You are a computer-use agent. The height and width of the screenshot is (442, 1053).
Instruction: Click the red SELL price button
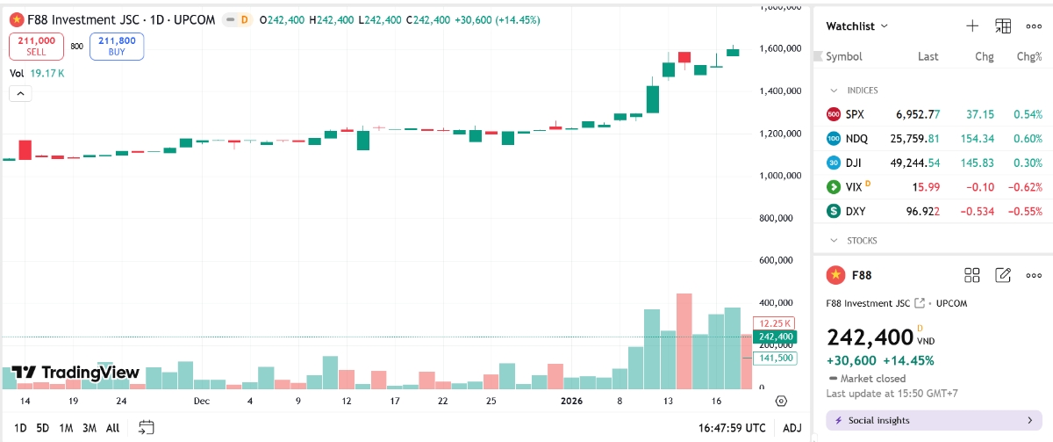tap(35, 46)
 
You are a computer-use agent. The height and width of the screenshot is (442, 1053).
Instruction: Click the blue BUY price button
tap(117, 46)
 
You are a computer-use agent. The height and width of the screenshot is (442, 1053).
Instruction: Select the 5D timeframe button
tap(43, 428)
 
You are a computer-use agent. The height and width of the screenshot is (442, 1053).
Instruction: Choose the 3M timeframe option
tap(90, 428)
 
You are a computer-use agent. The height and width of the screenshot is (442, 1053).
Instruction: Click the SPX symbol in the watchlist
tap(855, 114)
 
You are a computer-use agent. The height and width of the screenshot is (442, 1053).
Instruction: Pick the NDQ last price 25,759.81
tap(915, 138)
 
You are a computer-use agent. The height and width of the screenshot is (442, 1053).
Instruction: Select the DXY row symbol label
tap(855, 211)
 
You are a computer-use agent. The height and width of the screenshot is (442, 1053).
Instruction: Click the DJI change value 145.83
tap(977, 163)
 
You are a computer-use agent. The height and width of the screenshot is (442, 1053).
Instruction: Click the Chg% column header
tap(1028, 56)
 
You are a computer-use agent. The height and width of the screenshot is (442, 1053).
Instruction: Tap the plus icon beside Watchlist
tap(972, 26)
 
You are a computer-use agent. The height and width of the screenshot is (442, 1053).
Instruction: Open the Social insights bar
tap(935, 420)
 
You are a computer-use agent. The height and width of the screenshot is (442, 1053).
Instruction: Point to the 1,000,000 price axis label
tap(780, 176)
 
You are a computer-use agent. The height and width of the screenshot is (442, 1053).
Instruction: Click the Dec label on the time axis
tap(202, 401)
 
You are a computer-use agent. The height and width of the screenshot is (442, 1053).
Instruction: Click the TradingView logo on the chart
tap(75, 373)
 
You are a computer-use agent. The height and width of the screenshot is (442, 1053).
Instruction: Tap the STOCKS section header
tap(861, 240)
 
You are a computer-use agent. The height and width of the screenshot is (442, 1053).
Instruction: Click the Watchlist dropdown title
tap(856, 26)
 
